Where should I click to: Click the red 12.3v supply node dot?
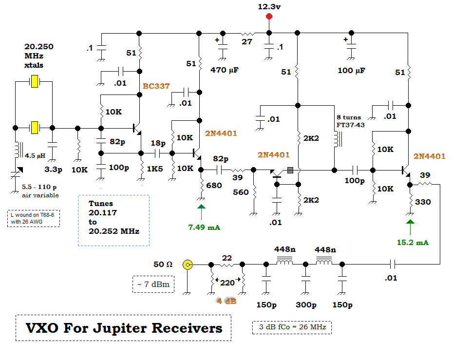(268, 17)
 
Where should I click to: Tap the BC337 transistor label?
(156, 86)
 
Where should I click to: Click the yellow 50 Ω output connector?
(187, 265)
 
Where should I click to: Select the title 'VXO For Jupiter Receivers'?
(124, 328)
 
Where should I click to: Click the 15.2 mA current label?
(413, 242)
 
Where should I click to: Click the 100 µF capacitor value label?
(352, 71)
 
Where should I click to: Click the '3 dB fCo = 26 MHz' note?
(292, 327)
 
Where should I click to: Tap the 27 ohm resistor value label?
(247, 42)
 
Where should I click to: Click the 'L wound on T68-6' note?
(34, 218)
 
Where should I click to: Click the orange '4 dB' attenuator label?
(226, 301)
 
